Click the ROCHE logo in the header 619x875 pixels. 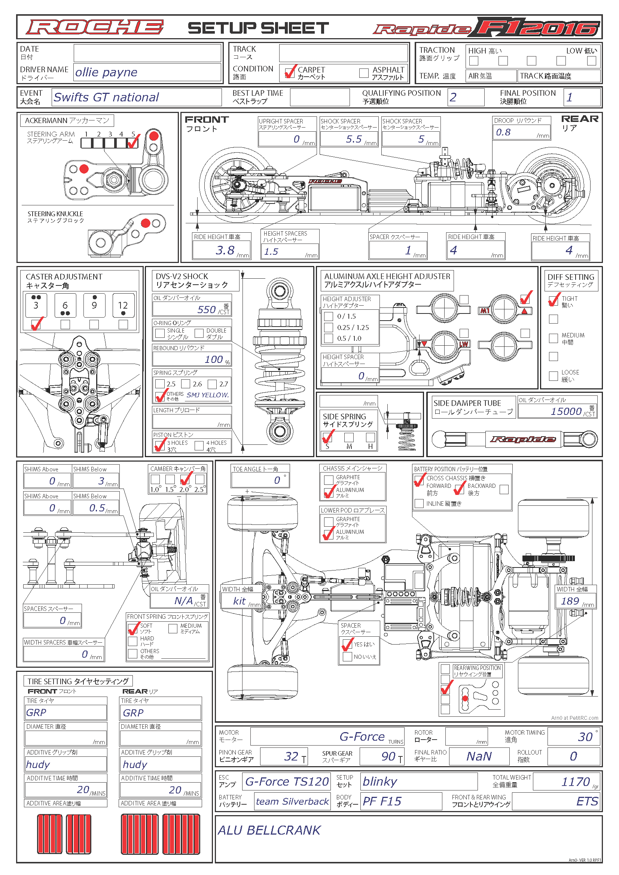(x=95, y=27)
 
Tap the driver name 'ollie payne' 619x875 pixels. (x=106, y=72)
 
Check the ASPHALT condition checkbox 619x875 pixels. (x=364, y=73)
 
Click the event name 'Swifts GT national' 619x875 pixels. (x=106, y=97)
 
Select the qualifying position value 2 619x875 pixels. (x=453, y=97)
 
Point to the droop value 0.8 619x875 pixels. (x=503, y=132)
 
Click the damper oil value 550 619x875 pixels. (x=207, y=309)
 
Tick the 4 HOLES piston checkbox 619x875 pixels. (x=199, y=445)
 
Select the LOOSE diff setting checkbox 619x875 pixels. (x=554, y=376)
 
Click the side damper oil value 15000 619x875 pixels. (x=566, y=411)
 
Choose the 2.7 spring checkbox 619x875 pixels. (x=212, y=384)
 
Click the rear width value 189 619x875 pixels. (x=570, y=601)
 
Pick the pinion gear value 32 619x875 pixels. (x=291, y=756)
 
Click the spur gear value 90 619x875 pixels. (x=388, y=756)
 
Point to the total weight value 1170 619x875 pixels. (x=576, y=781)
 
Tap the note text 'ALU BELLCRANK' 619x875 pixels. (x=269, y=830)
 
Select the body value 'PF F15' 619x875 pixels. (x=382, y=801)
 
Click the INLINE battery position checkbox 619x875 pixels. (x=419, y=504)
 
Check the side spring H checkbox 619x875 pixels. (x=370, y=437)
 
